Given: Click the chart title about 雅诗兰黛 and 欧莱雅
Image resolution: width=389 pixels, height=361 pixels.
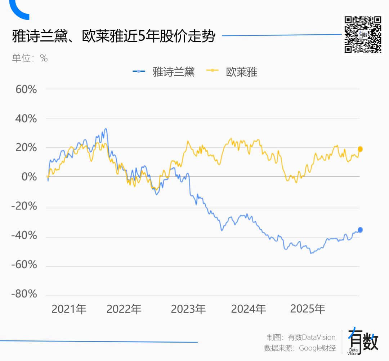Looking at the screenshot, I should tap(113, 36).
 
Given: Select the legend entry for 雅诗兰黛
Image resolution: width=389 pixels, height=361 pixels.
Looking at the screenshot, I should tap(164, 72).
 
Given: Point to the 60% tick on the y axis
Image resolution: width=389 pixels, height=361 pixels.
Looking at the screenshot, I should tap(26, 89).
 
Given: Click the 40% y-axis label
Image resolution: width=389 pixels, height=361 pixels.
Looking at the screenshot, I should tap(26, 118).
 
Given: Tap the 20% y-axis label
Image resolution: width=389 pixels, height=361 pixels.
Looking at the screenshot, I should tap(26, 148).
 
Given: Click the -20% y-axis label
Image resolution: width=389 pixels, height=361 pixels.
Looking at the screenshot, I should tap(24, 206).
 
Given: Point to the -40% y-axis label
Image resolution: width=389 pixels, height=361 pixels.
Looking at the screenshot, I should tap(24, 236).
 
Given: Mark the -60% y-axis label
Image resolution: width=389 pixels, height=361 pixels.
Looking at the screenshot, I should tap(24, 265).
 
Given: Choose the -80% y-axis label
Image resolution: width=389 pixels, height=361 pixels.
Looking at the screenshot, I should tap(24, 294).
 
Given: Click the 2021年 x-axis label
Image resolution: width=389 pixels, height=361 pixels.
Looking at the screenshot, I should tap(69, 309).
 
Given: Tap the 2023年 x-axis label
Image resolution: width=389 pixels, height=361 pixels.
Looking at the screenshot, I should tap(188, 309).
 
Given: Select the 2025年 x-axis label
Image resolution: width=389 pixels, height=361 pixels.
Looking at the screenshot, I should tap(308, 309).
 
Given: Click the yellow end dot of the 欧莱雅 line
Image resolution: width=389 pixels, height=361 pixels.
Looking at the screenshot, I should tap(360, 149).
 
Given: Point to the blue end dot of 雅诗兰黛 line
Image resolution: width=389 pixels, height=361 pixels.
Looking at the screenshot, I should tap(360, 230).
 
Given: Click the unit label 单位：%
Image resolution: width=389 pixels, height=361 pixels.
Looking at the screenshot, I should tap(30, 58).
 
